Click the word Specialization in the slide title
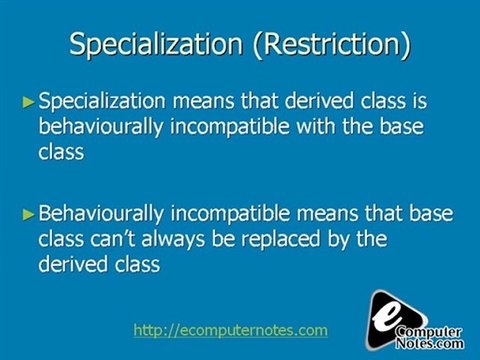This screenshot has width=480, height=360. pyautogui.click(x=156, y=45)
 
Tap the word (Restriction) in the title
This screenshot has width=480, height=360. pyautogui.click(x=332, y=45)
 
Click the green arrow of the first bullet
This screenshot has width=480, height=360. pyautogui.click(x=28, y=102)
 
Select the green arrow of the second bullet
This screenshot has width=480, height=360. pyautogui.click(x=28, y=214)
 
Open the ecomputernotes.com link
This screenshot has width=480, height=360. pyautogui.click(x=230, y=330)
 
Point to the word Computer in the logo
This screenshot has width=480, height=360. pyautogui.click(x=429, y=332)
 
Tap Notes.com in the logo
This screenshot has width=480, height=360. pyautogui.click(x=430, y=343)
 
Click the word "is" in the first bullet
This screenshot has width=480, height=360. pyautogui.click(x=420, y=101)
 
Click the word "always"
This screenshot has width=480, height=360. pyautogui.click(x=173, y=240)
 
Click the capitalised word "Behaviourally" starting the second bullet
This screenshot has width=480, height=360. pyautogui.click(x=101, y=214)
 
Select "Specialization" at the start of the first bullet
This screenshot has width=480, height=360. pyautogui.click(x=102, y=102)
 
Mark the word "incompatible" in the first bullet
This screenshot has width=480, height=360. pyautogui.click(x=230, y=127)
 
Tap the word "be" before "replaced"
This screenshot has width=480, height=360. pyautogui.click(x=223, y=239)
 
